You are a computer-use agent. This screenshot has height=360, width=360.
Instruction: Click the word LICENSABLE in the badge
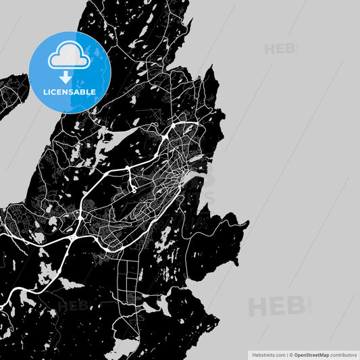[70, 91]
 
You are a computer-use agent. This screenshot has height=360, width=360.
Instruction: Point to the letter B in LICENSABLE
[84, 91]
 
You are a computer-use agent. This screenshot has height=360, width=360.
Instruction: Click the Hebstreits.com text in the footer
[268, 354]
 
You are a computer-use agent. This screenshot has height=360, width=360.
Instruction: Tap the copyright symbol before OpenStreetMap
[291, 354]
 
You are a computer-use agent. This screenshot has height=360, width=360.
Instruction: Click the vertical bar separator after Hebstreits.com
[286, 354]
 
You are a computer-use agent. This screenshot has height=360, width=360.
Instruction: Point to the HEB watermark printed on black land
[73, 305]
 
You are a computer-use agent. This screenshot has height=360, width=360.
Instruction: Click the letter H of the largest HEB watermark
[257, 307]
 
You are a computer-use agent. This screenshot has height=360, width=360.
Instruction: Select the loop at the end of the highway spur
[134, 191]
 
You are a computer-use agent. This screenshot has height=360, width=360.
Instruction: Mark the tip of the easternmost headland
[248, 223]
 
